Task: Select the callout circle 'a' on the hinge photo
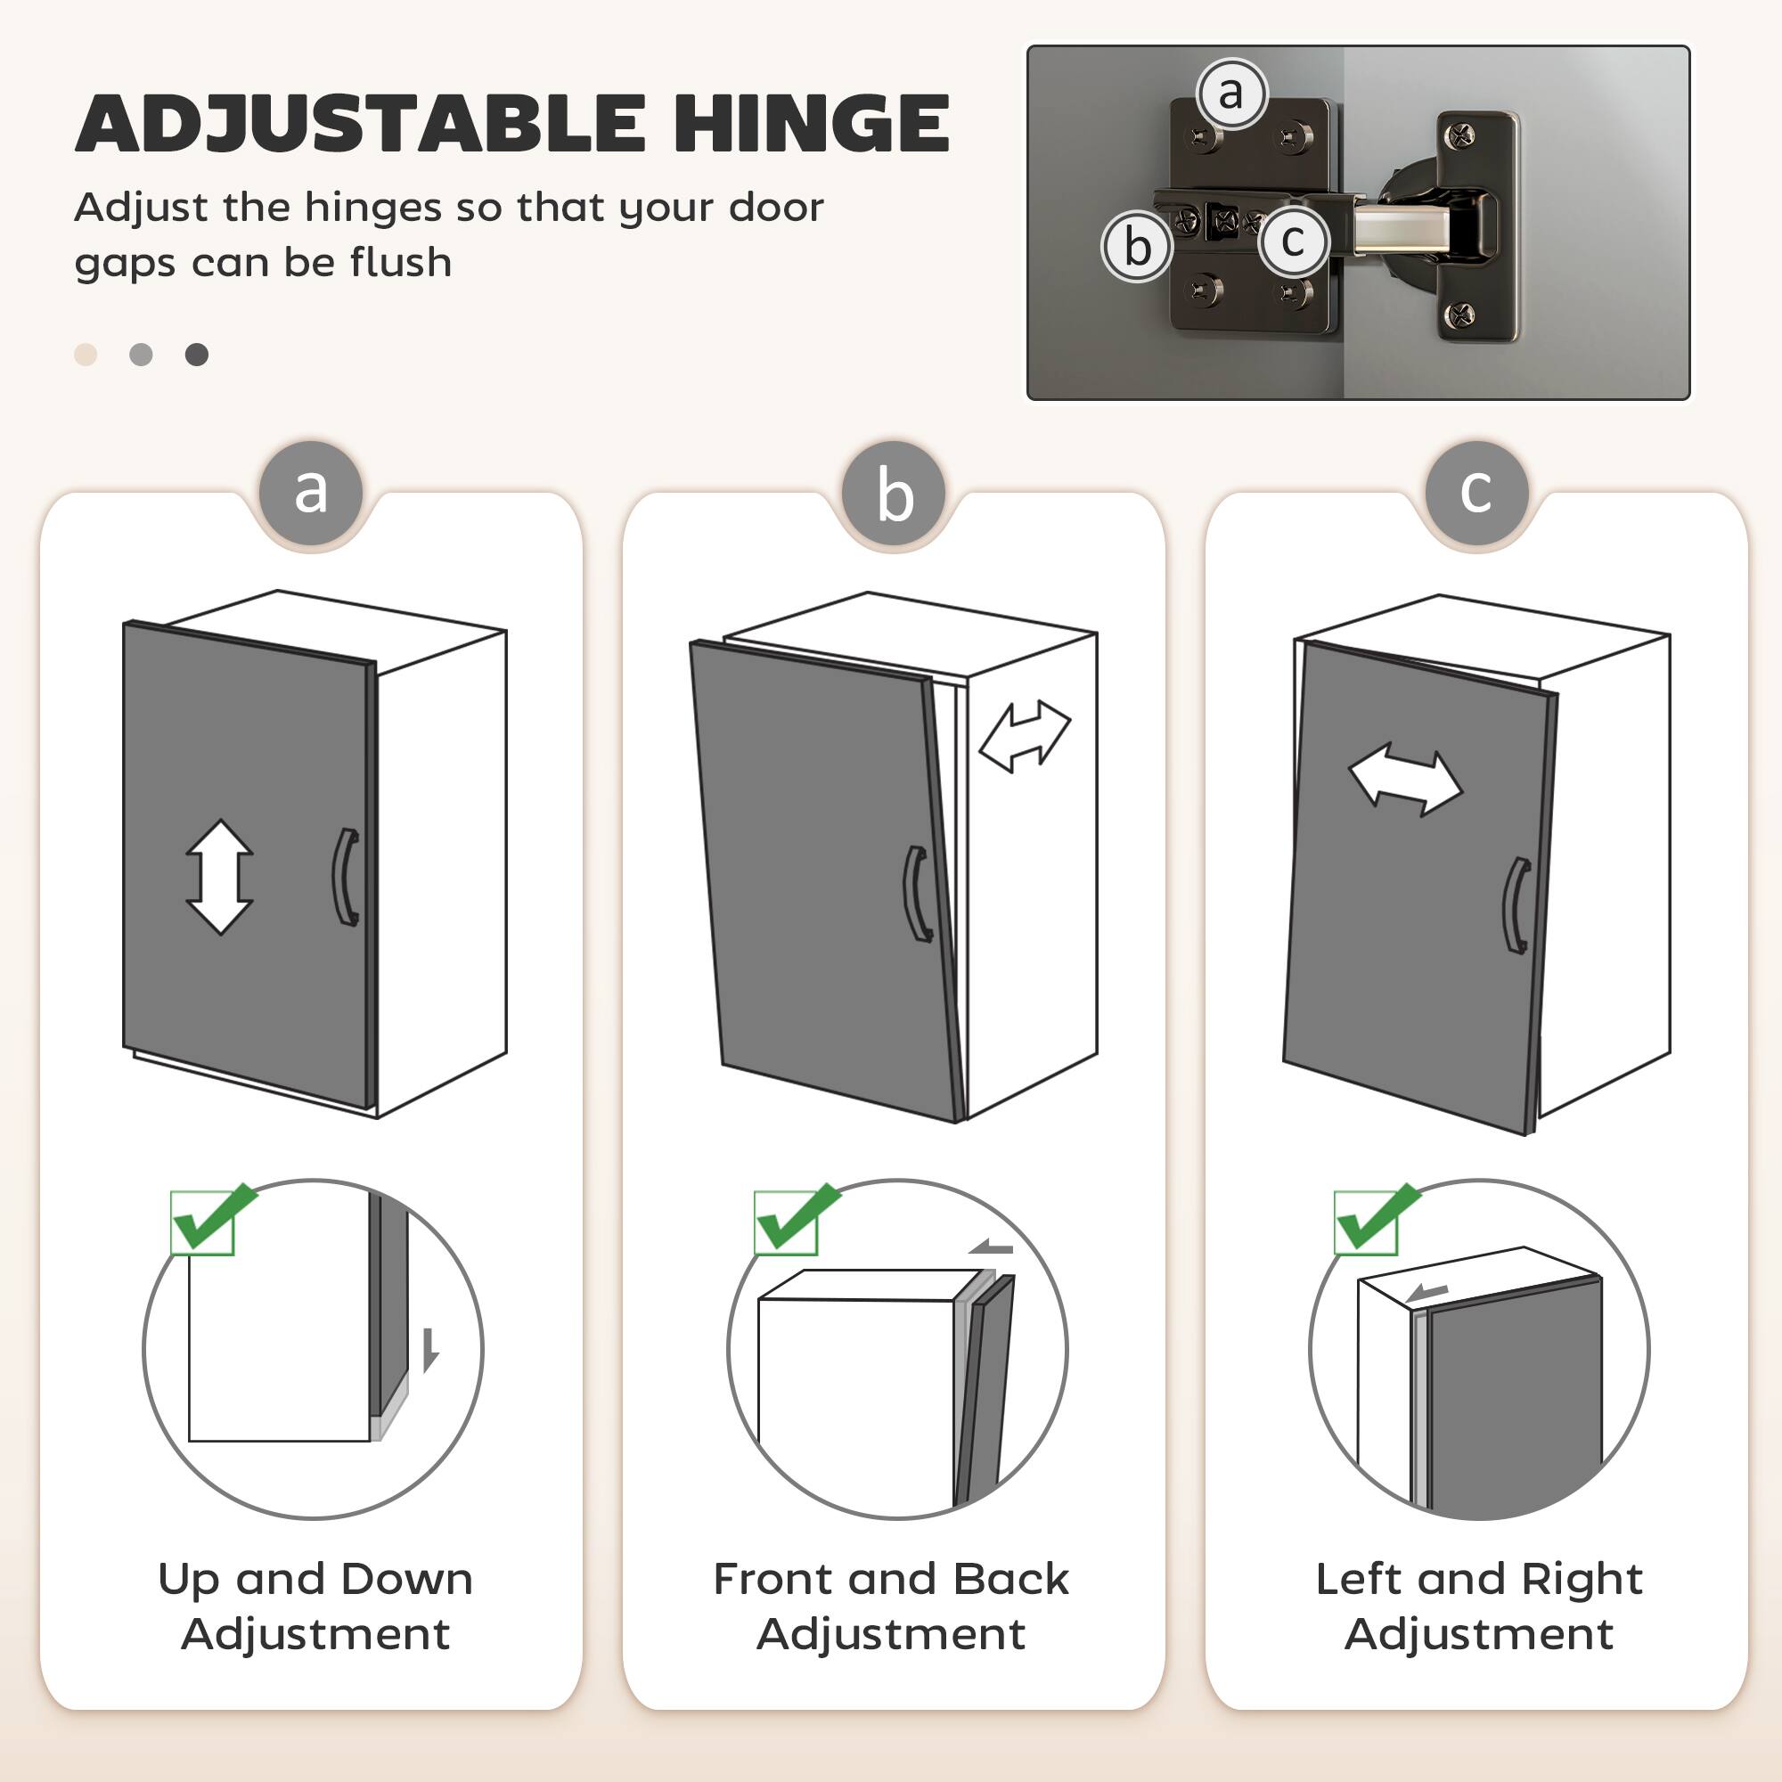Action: point(1230,94)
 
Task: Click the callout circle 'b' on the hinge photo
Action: point(1137,246)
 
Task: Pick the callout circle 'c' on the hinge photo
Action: point(1292,241)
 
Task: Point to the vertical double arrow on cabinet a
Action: point(219,876)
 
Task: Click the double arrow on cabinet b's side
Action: point(1025,735)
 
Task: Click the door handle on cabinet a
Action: point(345,876)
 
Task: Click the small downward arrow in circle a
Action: point(429,1351)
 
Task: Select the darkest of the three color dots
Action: point(196,356)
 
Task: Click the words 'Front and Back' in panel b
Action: point(891,1579)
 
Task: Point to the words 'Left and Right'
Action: point(1478,1579)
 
